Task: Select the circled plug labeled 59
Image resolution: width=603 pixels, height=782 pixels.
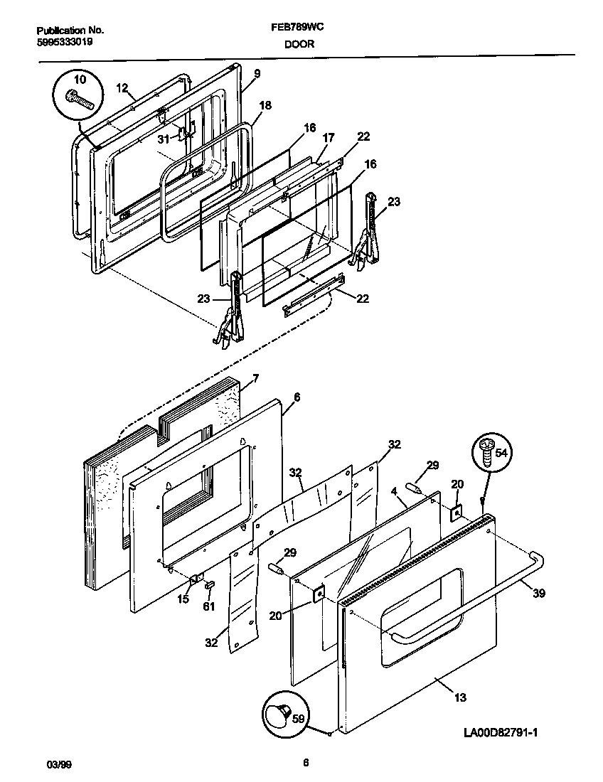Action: coord(282,713)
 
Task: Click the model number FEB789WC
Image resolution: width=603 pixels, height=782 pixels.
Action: coord(301,31)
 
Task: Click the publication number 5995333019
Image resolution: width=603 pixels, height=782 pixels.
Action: coord(64,42)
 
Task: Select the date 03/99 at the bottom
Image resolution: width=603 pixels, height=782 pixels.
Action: coord(58,764)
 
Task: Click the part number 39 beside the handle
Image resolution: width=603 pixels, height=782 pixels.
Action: coord(539,594)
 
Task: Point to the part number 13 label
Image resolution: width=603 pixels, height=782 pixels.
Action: coord(460,697)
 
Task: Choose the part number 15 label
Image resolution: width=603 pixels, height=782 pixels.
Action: coord(184,600)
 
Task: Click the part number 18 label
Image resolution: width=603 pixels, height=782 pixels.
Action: coord(265,105)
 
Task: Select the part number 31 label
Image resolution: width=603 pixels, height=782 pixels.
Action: coord(164,139)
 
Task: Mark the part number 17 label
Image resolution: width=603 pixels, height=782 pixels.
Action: coord(328,137)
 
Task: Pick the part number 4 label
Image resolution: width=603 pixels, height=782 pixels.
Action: coord(393,491)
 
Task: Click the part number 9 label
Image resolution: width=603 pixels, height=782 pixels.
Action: coord(256,73)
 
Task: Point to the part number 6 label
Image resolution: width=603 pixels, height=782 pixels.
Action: coord(296,397)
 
